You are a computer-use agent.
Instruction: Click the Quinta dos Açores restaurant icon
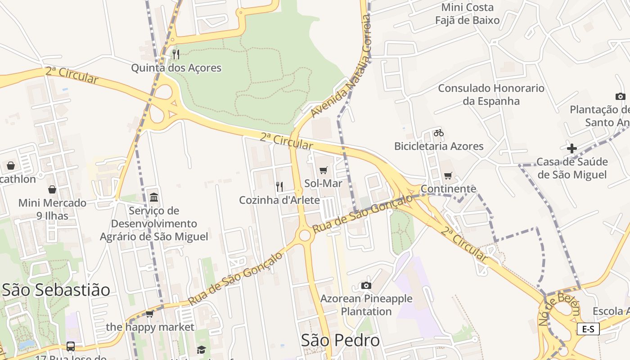[x=176, y=54]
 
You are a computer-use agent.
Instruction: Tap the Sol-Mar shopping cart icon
[x=323, y=170]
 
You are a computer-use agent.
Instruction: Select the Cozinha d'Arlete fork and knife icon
[x=279, y=186]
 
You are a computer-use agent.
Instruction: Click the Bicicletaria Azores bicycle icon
[x=439, y=133]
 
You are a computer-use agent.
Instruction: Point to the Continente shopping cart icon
[x=448, y=176]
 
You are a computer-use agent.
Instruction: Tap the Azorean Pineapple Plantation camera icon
[x=366, y=285]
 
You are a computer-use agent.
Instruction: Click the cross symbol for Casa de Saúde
[x=572, y=148]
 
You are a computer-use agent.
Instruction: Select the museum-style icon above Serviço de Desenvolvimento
[x=154, y=198]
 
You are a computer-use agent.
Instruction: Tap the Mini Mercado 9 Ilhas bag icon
[x=52, y=189]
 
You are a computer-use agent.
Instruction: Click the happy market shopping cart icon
[x=150, y=314]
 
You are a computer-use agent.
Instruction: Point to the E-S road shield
[x=588, y=329]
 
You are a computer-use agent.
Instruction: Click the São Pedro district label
[x=341, y=340]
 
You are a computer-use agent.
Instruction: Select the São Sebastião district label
[x=56, y=290]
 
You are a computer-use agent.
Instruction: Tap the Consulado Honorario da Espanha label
[x=491, y=94]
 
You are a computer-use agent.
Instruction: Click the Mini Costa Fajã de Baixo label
[x=468, y=13]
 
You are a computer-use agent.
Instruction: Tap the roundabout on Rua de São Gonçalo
[x=305, y=235]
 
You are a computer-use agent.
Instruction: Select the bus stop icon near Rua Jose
[x=71, y=346]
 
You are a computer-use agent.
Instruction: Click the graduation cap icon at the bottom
[x=201, y=350]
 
